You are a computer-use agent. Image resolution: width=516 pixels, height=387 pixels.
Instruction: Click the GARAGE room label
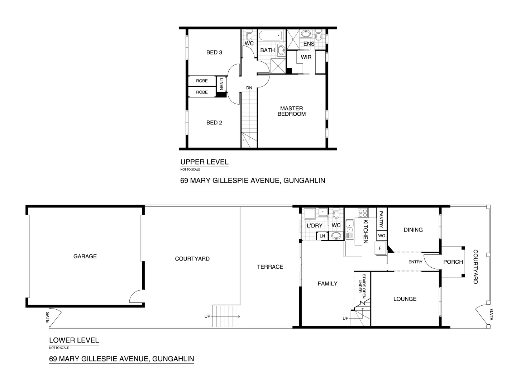coord(85,256)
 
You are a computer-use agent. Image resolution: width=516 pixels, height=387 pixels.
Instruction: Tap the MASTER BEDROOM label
coord(291,111)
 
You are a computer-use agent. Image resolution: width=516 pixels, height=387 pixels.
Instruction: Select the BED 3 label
coord(214,52)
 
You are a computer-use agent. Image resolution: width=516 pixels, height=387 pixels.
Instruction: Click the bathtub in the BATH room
coord(271,36)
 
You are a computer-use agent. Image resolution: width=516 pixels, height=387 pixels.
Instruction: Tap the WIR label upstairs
coord(306,57)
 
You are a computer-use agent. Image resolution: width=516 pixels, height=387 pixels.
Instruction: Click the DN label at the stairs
coord(249,88)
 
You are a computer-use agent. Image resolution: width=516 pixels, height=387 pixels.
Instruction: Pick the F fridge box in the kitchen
coord(380,248)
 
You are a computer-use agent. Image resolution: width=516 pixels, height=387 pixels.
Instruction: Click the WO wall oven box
coord(381,236)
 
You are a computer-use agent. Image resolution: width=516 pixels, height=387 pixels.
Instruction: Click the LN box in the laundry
coord(322,236)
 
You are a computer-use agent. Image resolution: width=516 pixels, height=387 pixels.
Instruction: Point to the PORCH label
coord(453,262)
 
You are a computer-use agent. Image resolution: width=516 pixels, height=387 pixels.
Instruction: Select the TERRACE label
coord(270,267)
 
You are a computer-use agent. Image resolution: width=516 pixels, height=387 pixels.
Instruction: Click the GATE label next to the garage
coord(47,317)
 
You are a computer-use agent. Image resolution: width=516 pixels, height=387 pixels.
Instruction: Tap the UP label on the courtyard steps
coord(207,316)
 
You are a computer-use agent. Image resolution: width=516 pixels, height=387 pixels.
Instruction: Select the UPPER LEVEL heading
coord(204,162)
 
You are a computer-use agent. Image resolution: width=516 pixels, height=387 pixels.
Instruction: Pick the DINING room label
coord(413,230)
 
